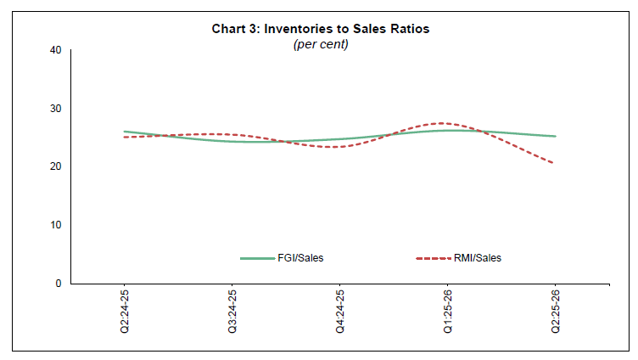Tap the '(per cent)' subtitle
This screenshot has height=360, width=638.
coord(320,43)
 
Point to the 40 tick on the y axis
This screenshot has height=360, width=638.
coord(57,50)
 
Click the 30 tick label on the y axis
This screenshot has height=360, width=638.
coord(57,109)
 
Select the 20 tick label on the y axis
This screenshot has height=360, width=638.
coord(57,166)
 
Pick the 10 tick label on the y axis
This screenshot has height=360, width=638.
coord(57,225)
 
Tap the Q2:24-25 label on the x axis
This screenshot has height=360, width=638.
coord(125,311)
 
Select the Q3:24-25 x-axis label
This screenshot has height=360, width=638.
coord(232,311)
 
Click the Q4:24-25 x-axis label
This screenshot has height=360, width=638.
coord(340,311)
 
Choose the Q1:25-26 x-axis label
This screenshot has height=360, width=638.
coord(448,311)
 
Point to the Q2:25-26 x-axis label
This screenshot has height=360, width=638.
coord(555,311)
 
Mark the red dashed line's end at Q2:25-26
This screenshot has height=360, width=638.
coord(555,163)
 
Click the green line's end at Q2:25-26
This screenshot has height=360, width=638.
coord(555,136)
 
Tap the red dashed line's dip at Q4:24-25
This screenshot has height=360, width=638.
coord(340,147)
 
